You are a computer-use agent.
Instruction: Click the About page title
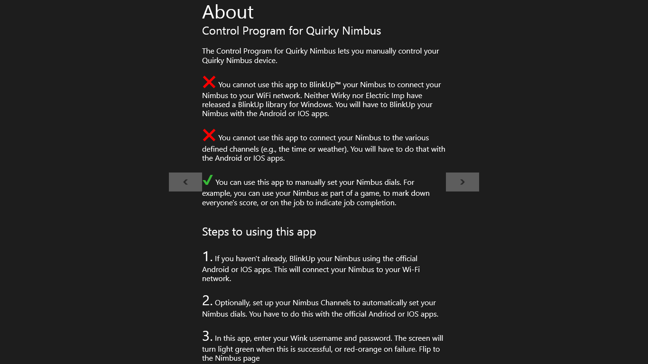pyautogui.click(x=228, y=12)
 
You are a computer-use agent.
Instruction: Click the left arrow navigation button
pyautogui.click(x=185, y=182)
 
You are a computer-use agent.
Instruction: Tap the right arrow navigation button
pyautogui.click(x=463, y=182)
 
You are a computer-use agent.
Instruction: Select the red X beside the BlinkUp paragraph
pyautogui.click(x=209, y=82)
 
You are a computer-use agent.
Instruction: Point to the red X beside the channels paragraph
pyautogui.click(x=209, y=136)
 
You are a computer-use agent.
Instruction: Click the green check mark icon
pyautogui.click(x=207, y=181)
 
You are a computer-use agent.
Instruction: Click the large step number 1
pyautogui.click(x=207, y=257)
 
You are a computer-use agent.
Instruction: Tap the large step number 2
pyautogui.click(x=207, y=301)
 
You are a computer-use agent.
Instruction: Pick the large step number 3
pyautogui.click(x=207, y=337)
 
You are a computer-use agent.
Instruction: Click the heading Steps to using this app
pyautogui.click(x=259, y=232)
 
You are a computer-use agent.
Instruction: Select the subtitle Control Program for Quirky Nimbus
pyautogui.click(x=291, y=31)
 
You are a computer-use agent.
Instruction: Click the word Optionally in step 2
pyautogui.click(x=232, y=303)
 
